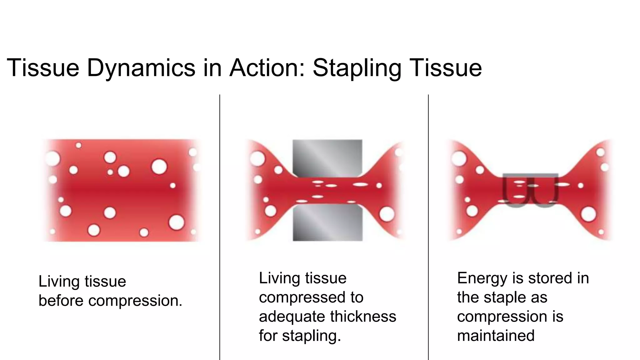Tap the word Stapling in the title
click(x=357, y=68)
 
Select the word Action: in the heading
click(x=267, y=68)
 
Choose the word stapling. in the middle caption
click(x=311, y=336)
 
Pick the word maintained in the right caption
click(x=496, y=336)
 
